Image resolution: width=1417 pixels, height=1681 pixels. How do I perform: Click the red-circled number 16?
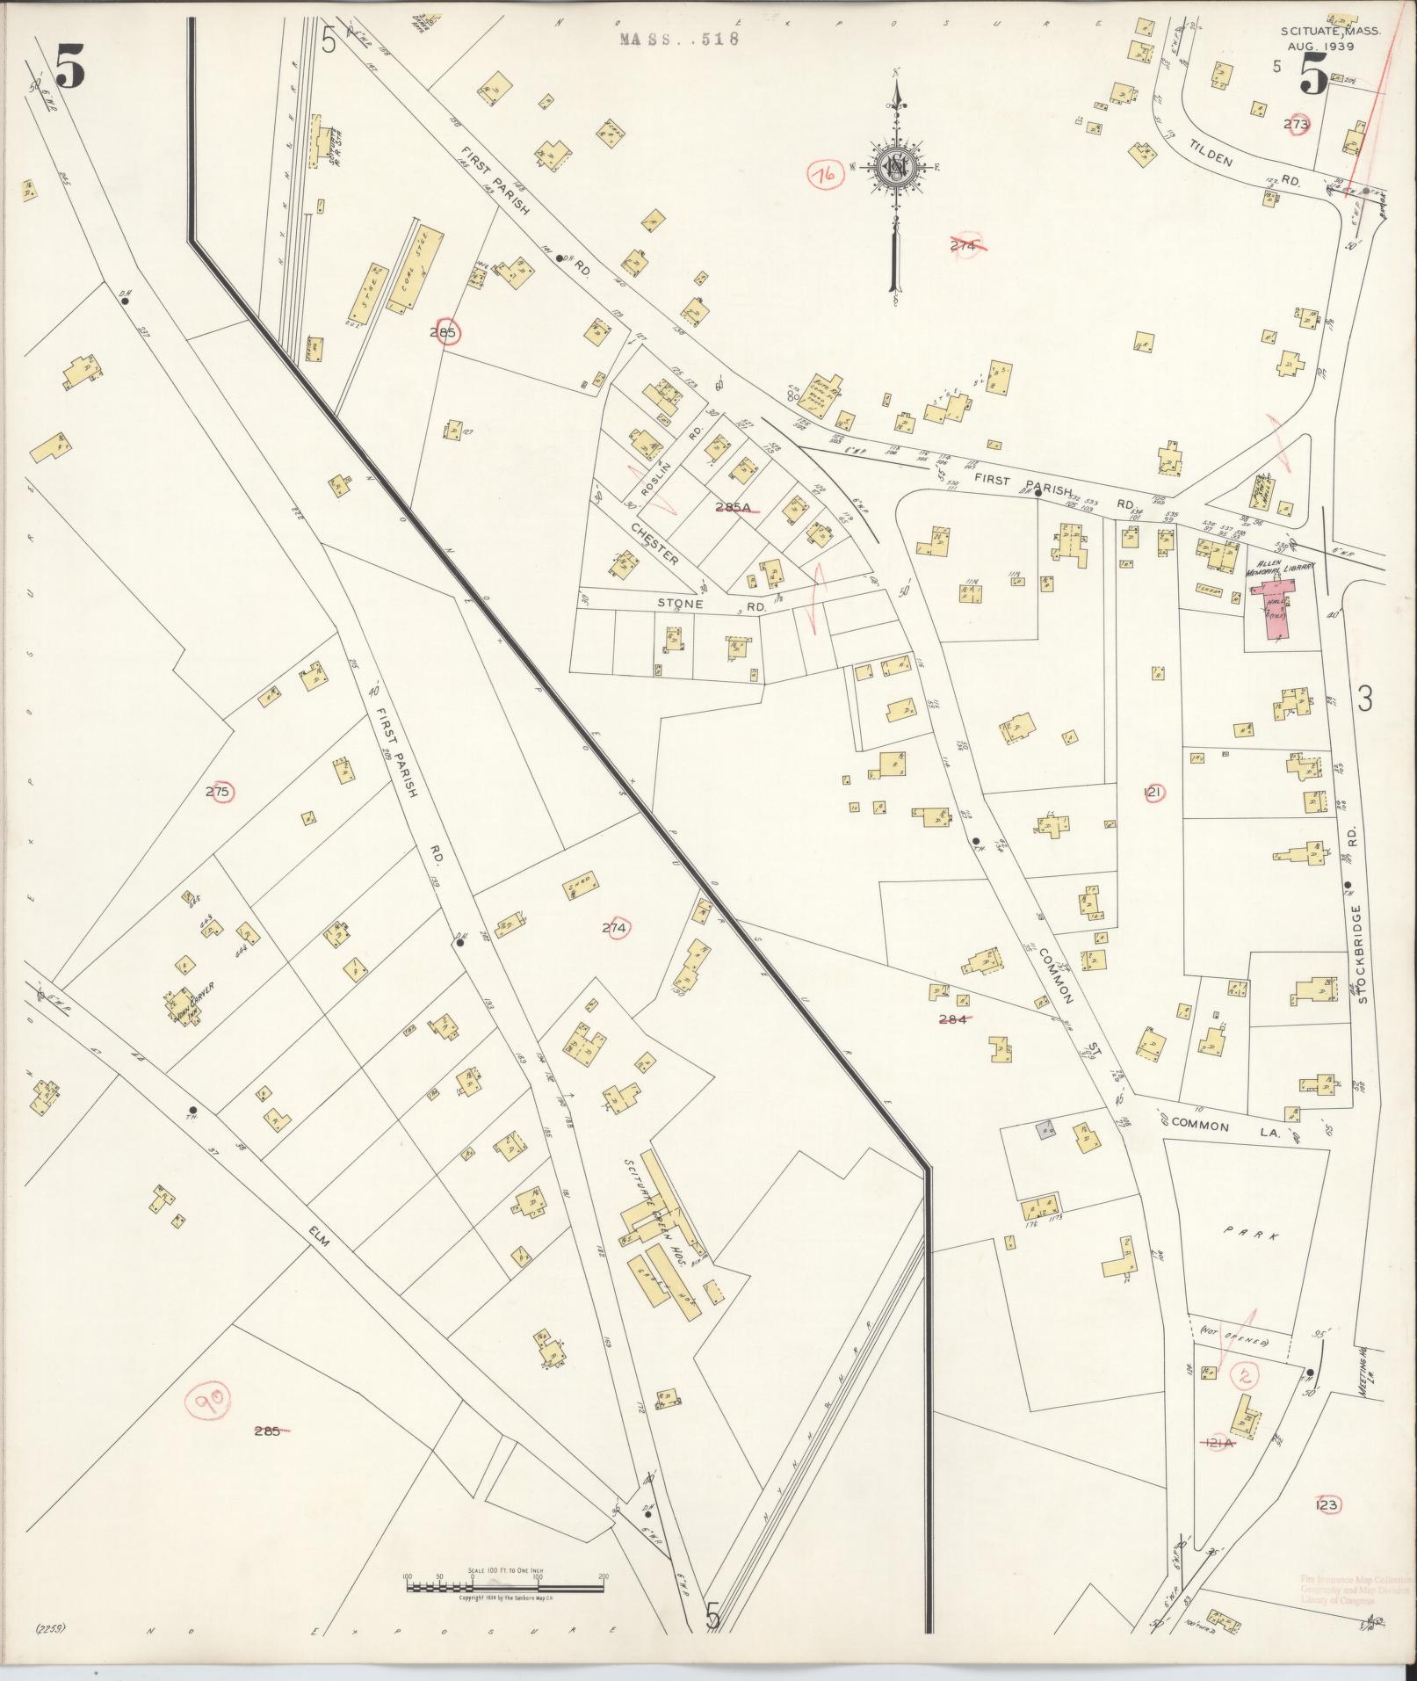click(x=826, y=174)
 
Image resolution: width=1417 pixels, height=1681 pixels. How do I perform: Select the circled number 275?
click(x=217, y=792)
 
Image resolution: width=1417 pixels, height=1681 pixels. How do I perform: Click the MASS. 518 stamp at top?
click(x=679, y=39)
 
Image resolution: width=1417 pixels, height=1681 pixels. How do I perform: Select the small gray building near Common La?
click(x=1045, y=1130)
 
